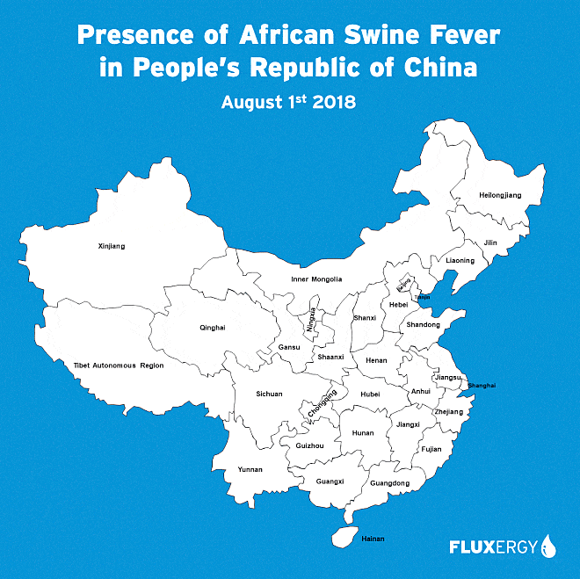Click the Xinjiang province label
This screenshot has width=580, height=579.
[x=112, y=246]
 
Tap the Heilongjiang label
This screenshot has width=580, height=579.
[x=499, y=194]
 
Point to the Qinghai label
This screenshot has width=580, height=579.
[x=214, y=328]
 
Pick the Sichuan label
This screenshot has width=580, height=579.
[x=269, y=394]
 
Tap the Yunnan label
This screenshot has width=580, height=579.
[x=250, y=469]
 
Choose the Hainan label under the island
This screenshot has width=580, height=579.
[x=373, y=538]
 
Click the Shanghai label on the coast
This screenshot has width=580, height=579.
[x=482, y=386]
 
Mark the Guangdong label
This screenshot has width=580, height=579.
[x=390, y=483]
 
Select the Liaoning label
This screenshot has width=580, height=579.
[x=460, y=260]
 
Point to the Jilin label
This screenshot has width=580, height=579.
[x=490, y=242]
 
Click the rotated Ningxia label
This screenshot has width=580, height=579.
[x=311, y=320]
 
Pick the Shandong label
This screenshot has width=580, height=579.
[x=423, y=324]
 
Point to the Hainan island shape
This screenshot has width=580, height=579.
[x=344, y=535]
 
